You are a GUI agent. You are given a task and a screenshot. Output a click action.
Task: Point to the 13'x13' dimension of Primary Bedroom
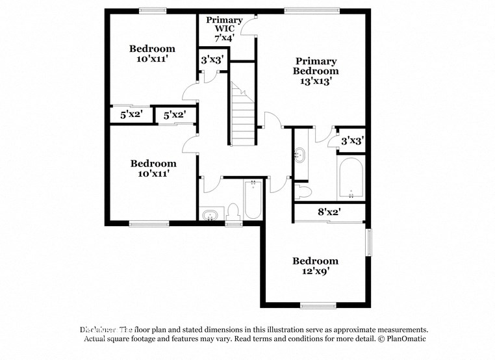(x=316, y=82)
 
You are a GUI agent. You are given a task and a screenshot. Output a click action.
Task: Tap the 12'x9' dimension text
(x=315, y=272)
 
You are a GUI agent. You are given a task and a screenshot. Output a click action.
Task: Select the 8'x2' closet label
(x=329, y=212)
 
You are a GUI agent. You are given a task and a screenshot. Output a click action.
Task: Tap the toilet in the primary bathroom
(x=302, y=191)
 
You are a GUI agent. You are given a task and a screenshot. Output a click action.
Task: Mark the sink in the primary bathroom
(x=301, y=156)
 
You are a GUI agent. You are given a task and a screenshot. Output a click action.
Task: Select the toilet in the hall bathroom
(x=233, y=212)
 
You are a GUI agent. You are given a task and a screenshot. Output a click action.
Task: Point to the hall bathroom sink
(x=209, y=215)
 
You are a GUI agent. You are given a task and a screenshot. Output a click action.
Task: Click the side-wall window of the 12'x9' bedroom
(x=369, y=242)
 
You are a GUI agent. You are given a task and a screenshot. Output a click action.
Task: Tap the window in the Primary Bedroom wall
(x=312, y=10)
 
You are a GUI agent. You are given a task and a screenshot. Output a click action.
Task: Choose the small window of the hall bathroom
(x=233, y=224)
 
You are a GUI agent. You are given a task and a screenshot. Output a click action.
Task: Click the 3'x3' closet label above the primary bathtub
(x=352, y=140)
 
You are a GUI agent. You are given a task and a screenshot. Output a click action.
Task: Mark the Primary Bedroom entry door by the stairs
(x=272, y=120)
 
